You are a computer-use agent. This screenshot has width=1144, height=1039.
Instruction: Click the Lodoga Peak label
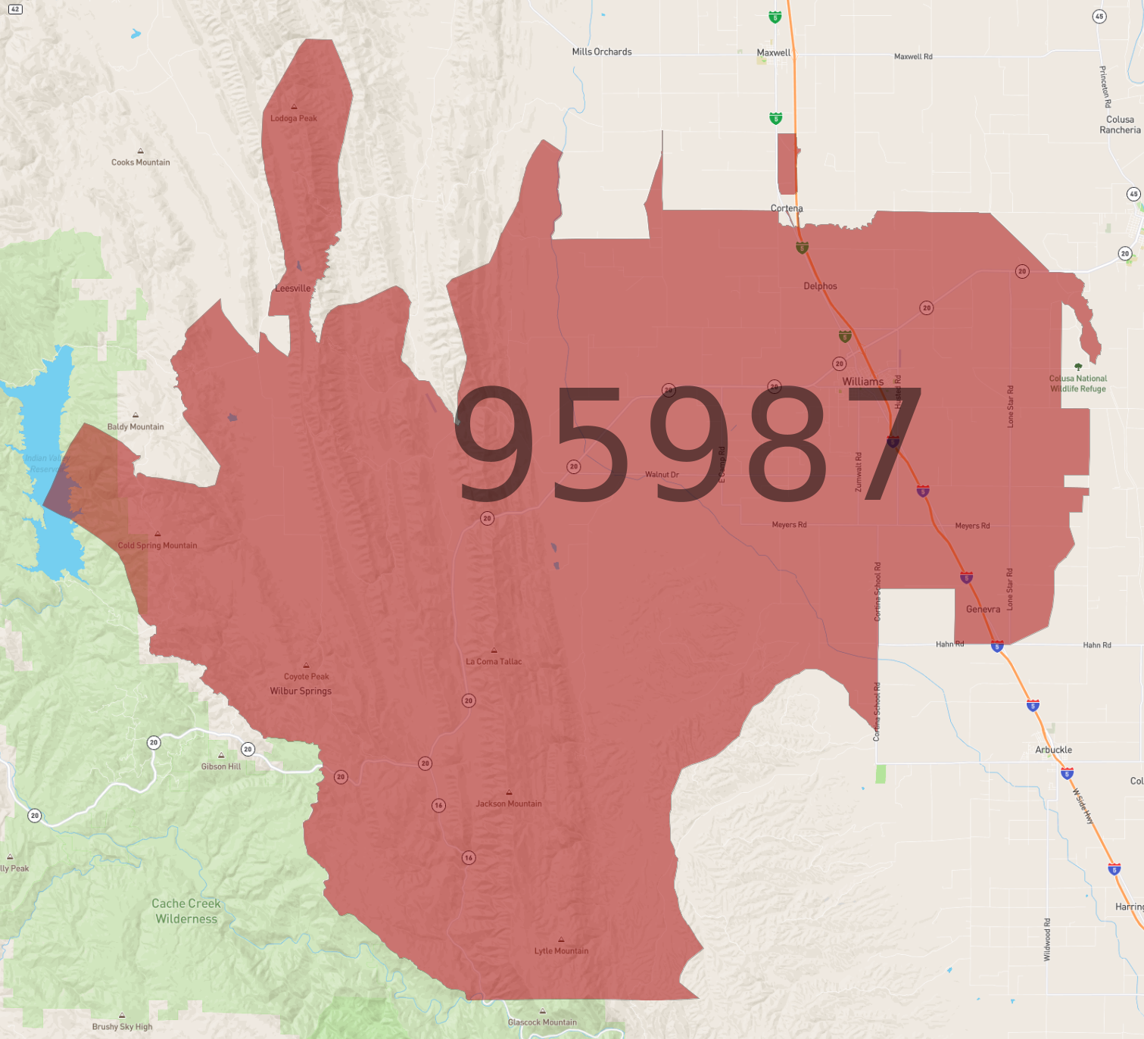(294, 118)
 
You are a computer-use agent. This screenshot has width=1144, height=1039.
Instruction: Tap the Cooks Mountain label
(141, 162)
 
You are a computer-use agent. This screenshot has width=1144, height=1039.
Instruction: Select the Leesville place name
(293, 289)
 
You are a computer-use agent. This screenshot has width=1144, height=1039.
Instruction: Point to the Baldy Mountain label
(136, 426)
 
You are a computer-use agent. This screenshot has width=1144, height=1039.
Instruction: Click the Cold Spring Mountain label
(157, 545)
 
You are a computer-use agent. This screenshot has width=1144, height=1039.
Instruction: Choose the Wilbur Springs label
(301, 691)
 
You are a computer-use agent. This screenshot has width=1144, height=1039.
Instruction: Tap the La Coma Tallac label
(494, 661)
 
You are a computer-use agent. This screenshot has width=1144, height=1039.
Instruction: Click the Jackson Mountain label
(509, 803)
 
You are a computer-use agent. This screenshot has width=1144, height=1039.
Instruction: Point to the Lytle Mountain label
(561, 950)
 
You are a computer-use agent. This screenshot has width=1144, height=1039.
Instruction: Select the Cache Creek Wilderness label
(186, 911)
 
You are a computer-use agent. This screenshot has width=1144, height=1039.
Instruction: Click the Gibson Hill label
(221, 766)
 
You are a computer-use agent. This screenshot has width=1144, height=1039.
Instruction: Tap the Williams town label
(863, 382)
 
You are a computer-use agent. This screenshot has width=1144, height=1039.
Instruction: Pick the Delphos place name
(820, 286)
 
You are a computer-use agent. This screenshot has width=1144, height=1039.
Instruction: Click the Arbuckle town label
(1053, 750)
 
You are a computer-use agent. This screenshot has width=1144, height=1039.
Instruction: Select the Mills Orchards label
(602, 51)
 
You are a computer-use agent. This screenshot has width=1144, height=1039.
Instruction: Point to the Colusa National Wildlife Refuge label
(1078, 383)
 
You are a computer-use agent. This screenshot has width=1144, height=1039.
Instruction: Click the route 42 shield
(15, 9)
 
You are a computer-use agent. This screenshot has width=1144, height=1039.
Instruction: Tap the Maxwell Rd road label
(913, 57)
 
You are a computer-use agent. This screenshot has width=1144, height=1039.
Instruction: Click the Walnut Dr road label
(662, 475)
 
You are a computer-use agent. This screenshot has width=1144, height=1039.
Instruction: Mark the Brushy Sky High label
(122, 1027)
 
